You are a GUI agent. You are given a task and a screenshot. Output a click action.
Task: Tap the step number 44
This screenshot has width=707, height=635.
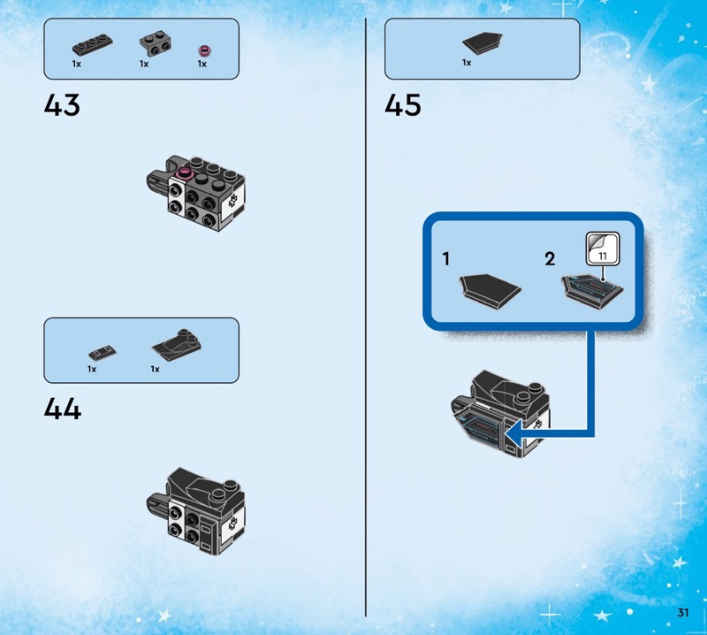[x=62, y=409]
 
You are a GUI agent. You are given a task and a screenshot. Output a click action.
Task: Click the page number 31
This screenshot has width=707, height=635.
[x=683, y=613]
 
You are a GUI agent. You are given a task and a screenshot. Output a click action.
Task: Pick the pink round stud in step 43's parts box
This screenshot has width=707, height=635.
[x=202, y=49]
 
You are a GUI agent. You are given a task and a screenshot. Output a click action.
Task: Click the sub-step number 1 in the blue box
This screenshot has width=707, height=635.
[x=447, y=260]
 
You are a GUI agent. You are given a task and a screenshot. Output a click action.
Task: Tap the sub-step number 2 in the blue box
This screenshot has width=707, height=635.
[x=550, y=260]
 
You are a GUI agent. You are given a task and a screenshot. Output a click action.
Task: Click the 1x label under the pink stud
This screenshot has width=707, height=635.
[x=201, y=64]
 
